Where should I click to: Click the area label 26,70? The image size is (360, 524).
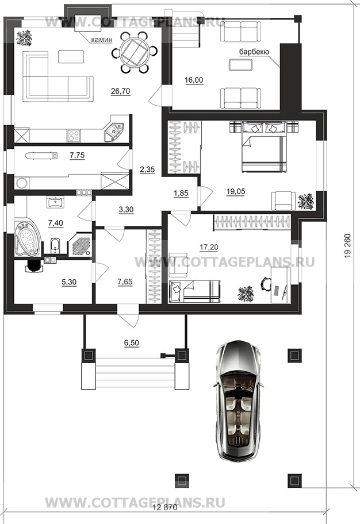(x=120, y=91)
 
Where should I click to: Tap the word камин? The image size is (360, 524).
(x=102, y=40)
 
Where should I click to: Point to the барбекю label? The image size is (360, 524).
(x=254, y=52)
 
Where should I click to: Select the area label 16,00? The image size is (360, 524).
(x=194, y=80)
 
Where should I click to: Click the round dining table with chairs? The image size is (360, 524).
(x=135, y=52)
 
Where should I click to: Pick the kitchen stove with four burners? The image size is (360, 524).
(x=74, y=136)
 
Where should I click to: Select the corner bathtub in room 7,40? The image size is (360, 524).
(x=28, y=237)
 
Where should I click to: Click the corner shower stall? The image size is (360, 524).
(x=79, y=245)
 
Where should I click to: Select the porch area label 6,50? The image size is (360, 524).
(x=132, y=343)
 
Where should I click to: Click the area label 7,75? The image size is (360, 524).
(x=77, y=155)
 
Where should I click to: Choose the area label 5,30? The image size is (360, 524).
(x=69, y=282)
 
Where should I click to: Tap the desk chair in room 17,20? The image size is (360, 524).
(x=266, y=283)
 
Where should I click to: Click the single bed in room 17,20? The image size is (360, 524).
(x=195, y=291)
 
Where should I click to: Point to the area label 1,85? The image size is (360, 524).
(x=181, y=193)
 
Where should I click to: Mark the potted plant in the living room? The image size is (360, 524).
(x=24, y=38)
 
